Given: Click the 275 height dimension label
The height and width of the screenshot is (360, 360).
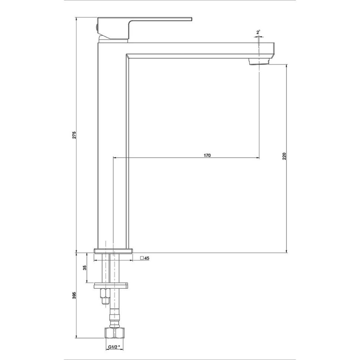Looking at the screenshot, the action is coord(74,135).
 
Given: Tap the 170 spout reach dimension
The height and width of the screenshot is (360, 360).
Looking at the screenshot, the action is coord(207,156).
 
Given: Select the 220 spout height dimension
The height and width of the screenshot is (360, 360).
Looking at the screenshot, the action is coord(284,156).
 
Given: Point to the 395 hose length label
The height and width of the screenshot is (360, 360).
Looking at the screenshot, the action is coord(74,295).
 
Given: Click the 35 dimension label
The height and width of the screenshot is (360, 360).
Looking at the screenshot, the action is coord(85,268).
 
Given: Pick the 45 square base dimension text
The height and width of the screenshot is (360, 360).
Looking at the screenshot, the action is coord(147,258).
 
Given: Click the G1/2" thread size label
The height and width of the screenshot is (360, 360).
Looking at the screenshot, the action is coord(114,347).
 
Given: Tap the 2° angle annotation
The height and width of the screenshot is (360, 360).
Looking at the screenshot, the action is coord(259,33).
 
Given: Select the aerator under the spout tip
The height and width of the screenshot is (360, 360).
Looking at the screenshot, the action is coord(259,62).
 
